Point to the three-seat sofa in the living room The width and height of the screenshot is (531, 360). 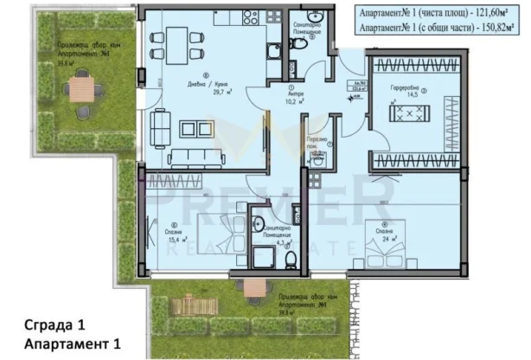click(x=196, y=157)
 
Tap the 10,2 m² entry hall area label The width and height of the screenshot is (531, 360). click(x=291, y=97)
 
